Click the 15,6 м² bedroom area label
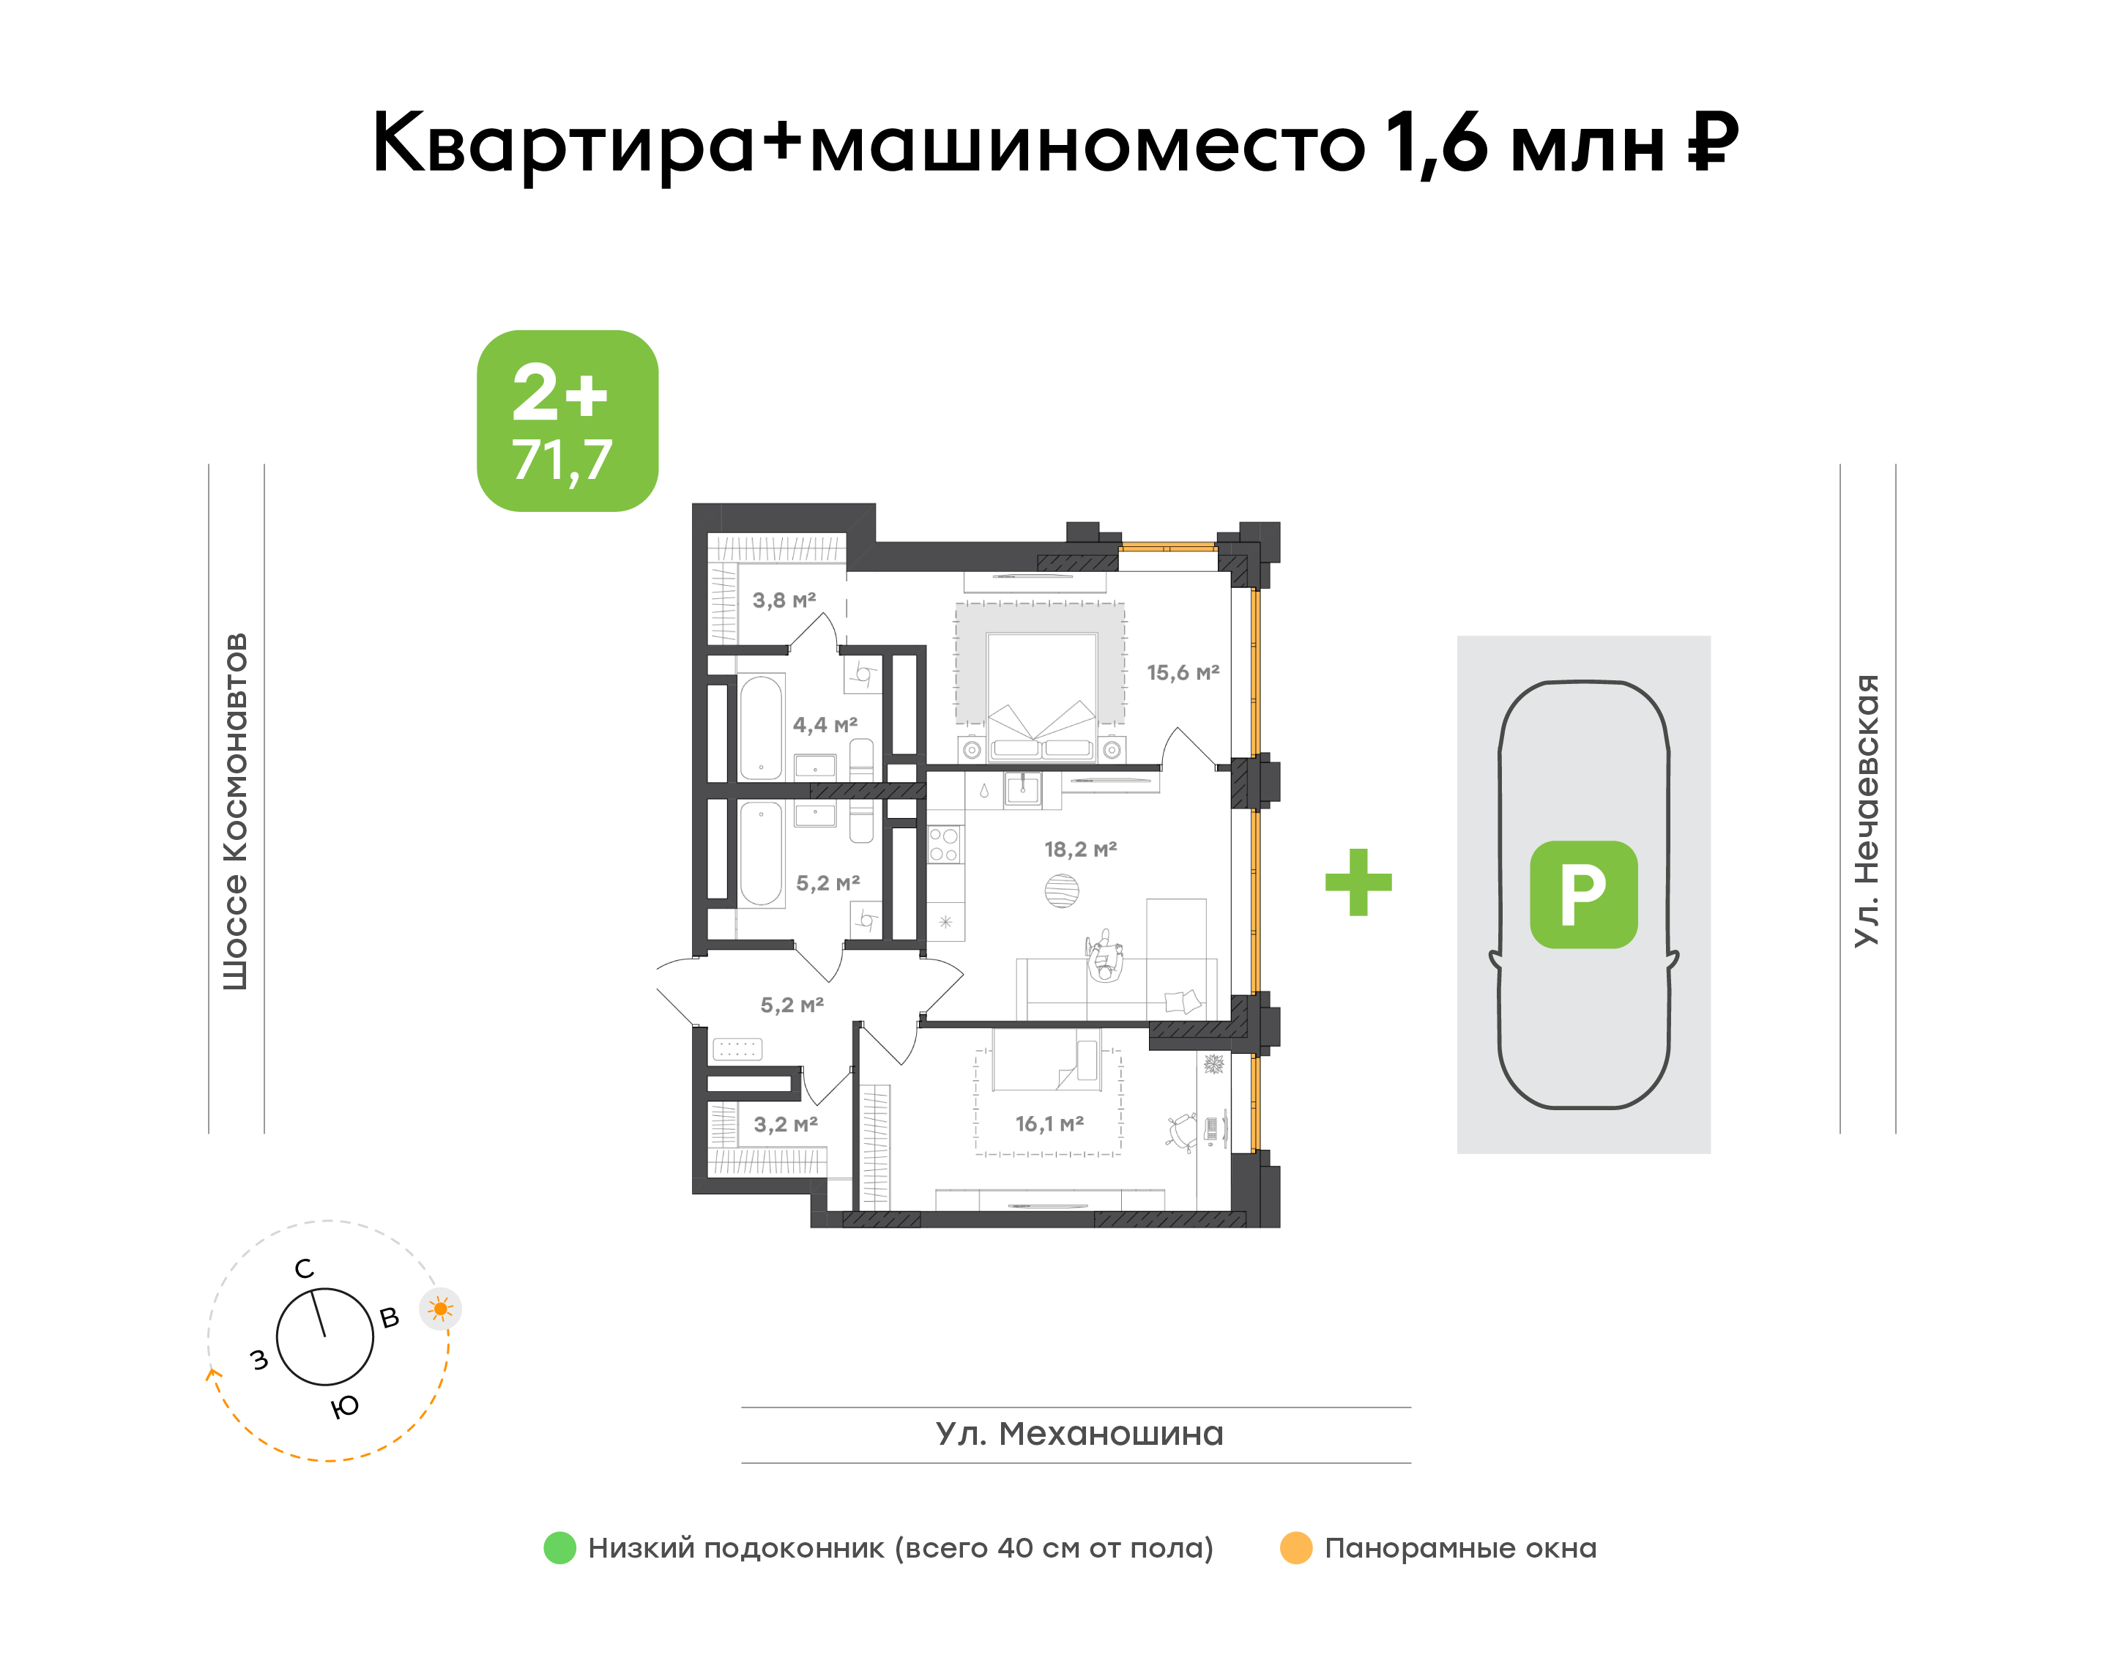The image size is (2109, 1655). click(1183, 672)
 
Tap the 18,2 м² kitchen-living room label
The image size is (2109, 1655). click(1080, 849)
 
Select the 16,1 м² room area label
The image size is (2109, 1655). click(1049, 1123)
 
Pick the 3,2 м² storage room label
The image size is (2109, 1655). click(786, 1124)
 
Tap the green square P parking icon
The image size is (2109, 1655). click(1583, 893)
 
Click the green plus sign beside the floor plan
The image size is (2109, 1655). click(1358, 882)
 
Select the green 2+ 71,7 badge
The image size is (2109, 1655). click(567, 420)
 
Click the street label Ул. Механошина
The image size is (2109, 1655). click(1079, 1433)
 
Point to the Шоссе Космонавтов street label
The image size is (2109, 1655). click(235, 811)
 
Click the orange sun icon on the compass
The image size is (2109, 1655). click(440, 1309)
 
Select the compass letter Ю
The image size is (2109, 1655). click(345, 1406)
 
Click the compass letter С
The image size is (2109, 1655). click(304, 1268)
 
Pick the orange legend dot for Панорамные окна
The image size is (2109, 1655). click(1295, 1547)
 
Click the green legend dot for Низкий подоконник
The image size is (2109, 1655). click(560, 1547)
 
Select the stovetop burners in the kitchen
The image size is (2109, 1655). click(944, 844)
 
